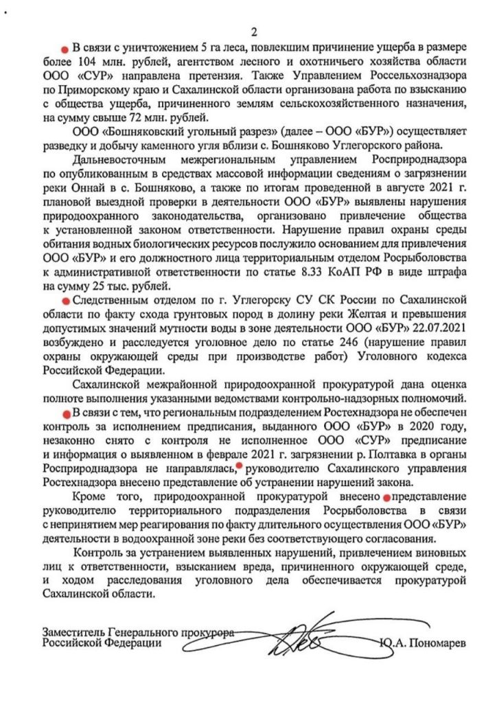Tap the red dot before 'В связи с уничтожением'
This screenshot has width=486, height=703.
65,51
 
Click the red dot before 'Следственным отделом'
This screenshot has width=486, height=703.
64,301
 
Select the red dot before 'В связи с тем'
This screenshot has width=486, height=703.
64,414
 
